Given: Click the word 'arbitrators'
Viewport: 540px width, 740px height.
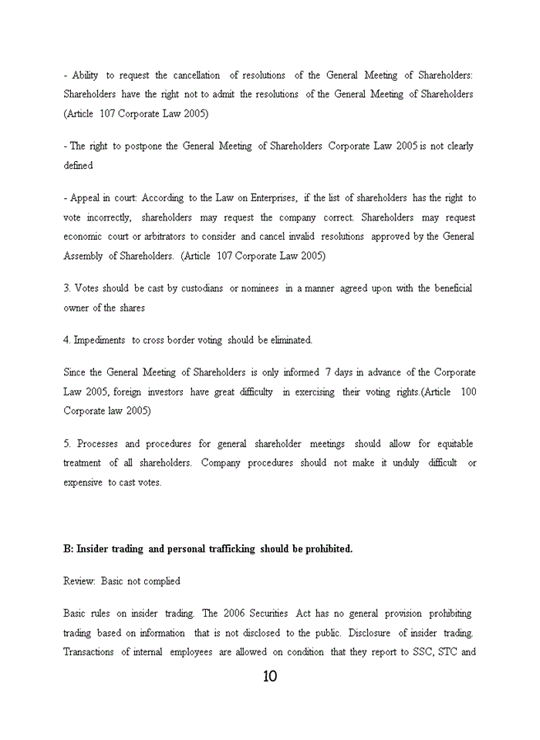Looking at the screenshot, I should pos(160,237).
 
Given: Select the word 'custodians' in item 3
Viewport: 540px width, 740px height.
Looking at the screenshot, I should pos(202,288).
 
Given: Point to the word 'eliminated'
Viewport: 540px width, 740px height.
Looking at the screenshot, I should pos(290,340).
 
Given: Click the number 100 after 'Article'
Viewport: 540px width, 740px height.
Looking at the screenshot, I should pos(468,392).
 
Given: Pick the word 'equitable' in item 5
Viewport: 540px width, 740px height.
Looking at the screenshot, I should pos(455,444).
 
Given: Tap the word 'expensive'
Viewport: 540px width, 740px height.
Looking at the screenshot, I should pos(83,483).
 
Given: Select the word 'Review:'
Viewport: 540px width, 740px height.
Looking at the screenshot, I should pos(79,581).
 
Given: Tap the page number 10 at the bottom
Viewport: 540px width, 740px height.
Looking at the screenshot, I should pos(269,677).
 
